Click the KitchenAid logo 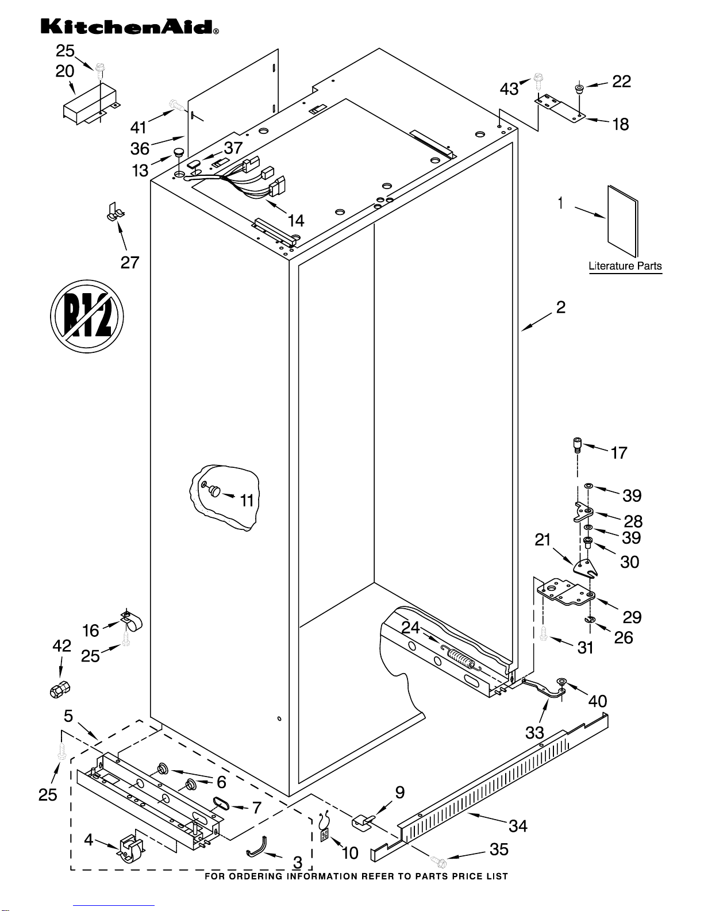[129, 27]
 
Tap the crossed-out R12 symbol [87, 316]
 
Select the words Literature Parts [625, 266]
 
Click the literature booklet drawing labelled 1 [623, 221]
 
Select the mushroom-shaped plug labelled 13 [179, 152]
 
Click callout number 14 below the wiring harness [296, 221]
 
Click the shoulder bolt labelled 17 [577, 444]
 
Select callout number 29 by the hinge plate [632, 617]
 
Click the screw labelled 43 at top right [538, 82]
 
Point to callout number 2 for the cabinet [561, 307]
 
